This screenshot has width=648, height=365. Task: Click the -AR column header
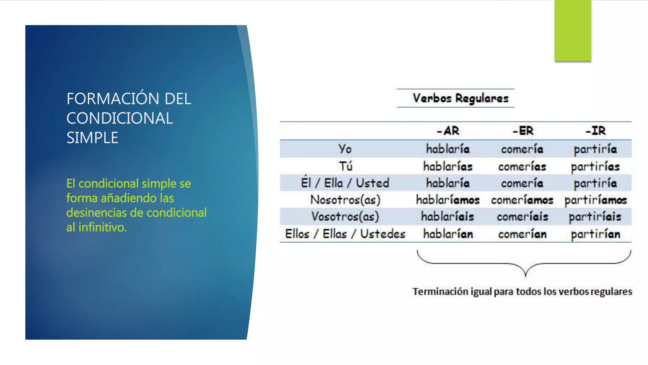tap(448, 131)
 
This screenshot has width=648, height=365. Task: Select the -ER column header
tap(523, 131)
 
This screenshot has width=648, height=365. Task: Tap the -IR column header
tap(595, 131)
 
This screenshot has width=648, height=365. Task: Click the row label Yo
tap(345, 149)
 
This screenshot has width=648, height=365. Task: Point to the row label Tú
tap(346, 166)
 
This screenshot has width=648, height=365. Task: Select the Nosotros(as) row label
tap(345, 200)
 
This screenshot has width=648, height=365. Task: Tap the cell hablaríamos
tap(448, 200)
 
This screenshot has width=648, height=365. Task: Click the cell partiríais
tap(595, 217)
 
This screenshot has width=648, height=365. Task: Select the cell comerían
tap(522, 234)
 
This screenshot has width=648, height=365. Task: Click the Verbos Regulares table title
tap(460, 98)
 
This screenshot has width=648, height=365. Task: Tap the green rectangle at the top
tap(573, 30)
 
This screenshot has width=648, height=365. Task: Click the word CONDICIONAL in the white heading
tap(120, 118)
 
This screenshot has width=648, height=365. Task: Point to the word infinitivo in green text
tap(102, 227)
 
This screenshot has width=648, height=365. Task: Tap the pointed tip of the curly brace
tap(526, 276)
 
